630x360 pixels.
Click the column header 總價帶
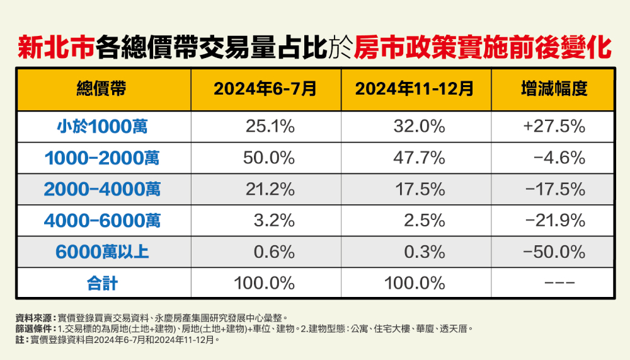(x=102, y=90)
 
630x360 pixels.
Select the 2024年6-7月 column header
(x=265, y=90)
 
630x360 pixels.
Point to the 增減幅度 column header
(x=554, y=90)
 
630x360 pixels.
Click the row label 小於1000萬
(x=102, y=127)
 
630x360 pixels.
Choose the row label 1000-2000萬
(x=102, y=158)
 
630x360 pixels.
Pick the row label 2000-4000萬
(x=102, y=189)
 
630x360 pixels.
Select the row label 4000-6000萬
(x=102, y=221)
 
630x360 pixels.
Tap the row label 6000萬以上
(x=102, y=252)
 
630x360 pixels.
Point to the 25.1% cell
(x=270, y=127)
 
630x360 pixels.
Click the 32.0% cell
(x=419, y=127)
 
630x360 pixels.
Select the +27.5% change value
(x=554, y=127)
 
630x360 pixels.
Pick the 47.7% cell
(x=419, y=158)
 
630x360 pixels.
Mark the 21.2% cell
(x=270, y=189)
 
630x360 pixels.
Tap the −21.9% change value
(x=554, y=221)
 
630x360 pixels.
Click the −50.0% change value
(x=554, y=252)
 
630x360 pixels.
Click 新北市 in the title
(x=56, y=47)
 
